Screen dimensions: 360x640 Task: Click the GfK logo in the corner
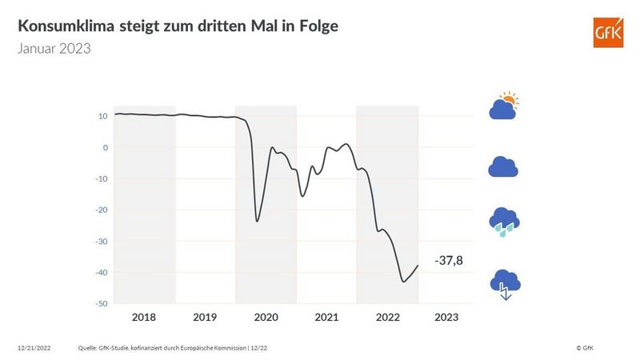click(607, 34)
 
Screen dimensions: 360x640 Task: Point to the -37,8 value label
click(450, 262)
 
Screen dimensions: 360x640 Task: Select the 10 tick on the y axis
click(103, 116)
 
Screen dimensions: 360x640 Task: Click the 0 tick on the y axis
click(105, 147)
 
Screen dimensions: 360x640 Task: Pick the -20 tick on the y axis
click(102, 210)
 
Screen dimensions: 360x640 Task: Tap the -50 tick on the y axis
click(102, 303)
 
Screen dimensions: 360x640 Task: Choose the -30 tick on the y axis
click(102, 241)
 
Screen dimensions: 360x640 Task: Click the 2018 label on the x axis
click(144, 318)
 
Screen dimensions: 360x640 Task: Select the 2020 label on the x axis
click(266, 318)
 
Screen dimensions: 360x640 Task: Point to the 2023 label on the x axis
click(446, 318)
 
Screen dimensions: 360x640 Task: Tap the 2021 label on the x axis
click(326, 318)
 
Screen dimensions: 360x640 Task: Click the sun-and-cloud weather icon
click(504, 107)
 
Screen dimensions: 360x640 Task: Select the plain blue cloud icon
click(503, 166)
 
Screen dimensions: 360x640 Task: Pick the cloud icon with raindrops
click(504, 222)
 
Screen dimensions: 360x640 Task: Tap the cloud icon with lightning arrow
click(504, 282)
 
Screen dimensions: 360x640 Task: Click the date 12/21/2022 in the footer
click(34, 348)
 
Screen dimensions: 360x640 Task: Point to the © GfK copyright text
click(584, 348)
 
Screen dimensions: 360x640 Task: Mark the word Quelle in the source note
click(88, 348)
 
